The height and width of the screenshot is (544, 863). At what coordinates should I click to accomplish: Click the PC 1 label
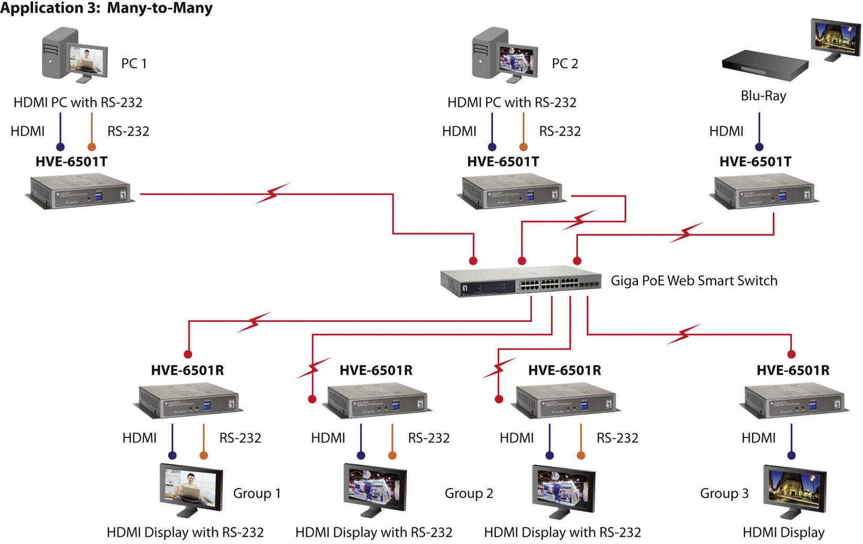click(x=134, y=64)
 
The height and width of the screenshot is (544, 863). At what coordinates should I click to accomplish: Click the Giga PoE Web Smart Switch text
click(x=694, y=281)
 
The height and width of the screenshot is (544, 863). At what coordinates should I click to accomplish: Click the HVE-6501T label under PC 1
click(x=71, y=162)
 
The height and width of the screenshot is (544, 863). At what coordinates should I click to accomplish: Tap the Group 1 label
click(x=257, y=493)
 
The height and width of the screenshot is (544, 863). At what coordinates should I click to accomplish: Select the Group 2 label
click(x=469, y=493)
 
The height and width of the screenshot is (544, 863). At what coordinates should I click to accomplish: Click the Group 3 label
click(x=724, y=493)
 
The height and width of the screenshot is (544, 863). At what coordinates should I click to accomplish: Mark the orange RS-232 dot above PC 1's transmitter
click(x=92, y=147)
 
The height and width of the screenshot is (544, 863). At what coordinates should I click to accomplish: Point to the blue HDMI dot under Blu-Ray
click(x=759, y=147)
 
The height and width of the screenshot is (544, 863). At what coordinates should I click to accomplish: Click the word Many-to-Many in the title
click(x=160, y=8)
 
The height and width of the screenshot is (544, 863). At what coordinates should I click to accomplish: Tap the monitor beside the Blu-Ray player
click(x=836, y=39)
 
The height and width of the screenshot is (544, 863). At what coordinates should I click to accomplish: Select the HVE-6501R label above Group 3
click(x=793, y=370)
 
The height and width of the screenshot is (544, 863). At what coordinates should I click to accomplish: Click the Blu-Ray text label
click(x=763, y=96)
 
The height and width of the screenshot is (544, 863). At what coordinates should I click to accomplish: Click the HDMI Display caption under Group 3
click(x=783, y=532)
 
